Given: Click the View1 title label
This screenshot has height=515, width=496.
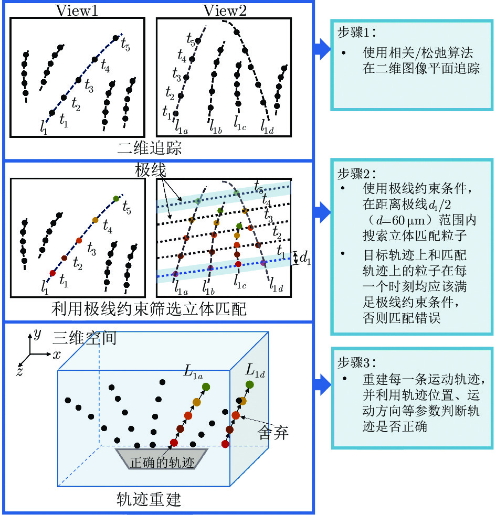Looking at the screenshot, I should pyautogui.click(x=77, y=10).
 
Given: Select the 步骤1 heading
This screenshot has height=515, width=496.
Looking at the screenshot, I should pyautogui.click(x=356, y=32).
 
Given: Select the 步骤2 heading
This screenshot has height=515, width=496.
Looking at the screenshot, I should pyautogui.click(x=356, y=172).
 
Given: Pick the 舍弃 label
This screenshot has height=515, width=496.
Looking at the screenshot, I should pyautogui.click(x=273, y=433).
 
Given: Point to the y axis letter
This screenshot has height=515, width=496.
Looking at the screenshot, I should pyautogui.click(x=37, y=334).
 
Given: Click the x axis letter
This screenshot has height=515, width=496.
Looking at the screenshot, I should pyautogui.click(x=57, y=355).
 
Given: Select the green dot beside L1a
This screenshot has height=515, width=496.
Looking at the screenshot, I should pyautogui.click(x=206, y=387).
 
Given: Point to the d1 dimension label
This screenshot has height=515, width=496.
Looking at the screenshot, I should pyautogui.click(x=305, y=257).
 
